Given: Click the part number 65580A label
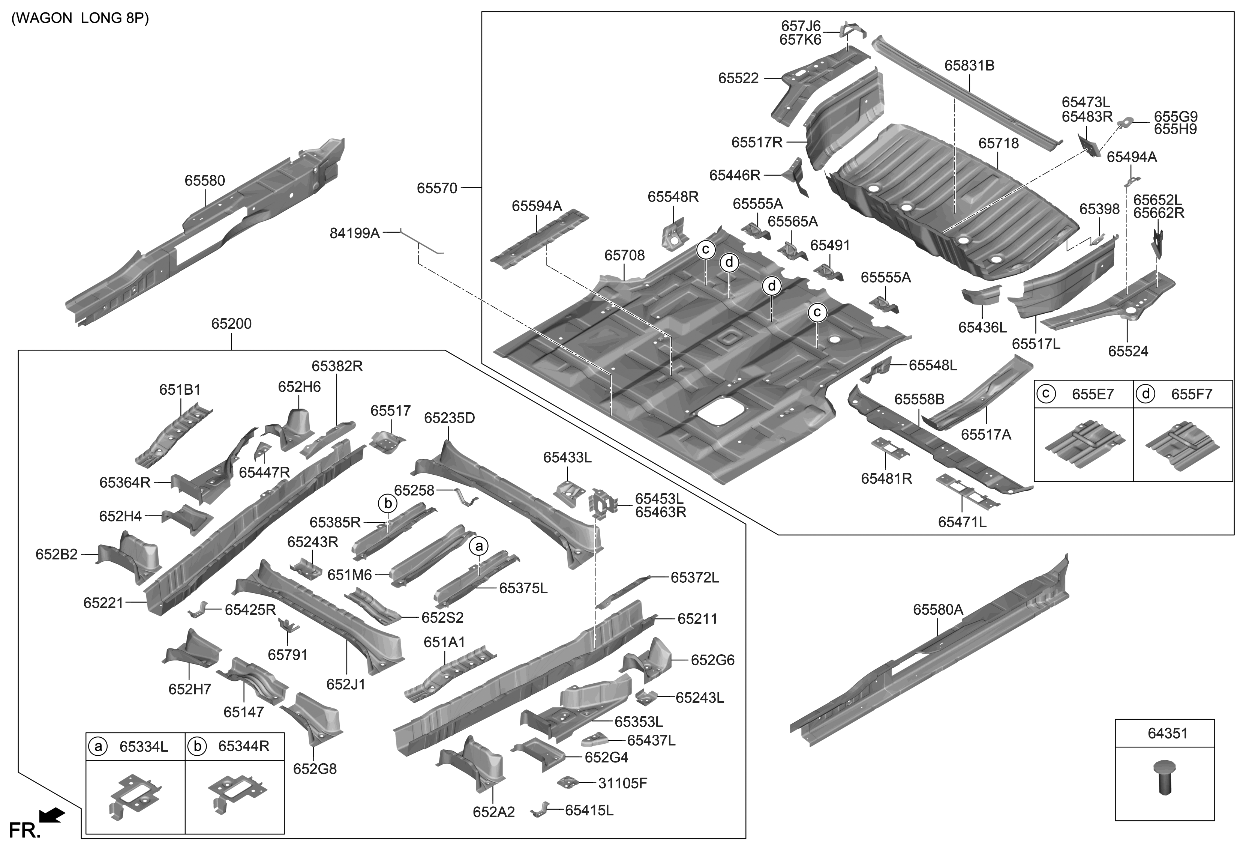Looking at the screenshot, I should [x=937, y=609].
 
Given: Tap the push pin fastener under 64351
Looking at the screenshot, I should [x=1162, y=776].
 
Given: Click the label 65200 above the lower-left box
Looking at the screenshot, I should [x=231, y=324].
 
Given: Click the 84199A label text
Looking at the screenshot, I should [x=355, y=233].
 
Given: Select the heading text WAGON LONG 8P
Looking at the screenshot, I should [x=80, y=19].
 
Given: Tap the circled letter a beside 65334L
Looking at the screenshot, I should [x=98, y=746].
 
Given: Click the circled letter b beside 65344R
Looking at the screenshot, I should [x=198, y=746].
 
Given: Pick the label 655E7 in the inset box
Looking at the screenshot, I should [x=1094, y=395].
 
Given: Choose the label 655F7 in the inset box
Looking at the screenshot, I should [x=1191, y=395].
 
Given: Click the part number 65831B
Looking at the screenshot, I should [x=969, y=66].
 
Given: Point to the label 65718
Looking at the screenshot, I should [x=998, y=144].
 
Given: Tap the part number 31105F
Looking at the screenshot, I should [x=623, y=783].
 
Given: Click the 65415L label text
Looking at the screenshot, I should [x=589, y=810].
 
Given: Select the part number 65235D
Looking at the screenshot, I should [x=449, y=417].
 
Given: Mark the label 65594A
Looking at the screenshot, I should [x=537, y=205].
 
